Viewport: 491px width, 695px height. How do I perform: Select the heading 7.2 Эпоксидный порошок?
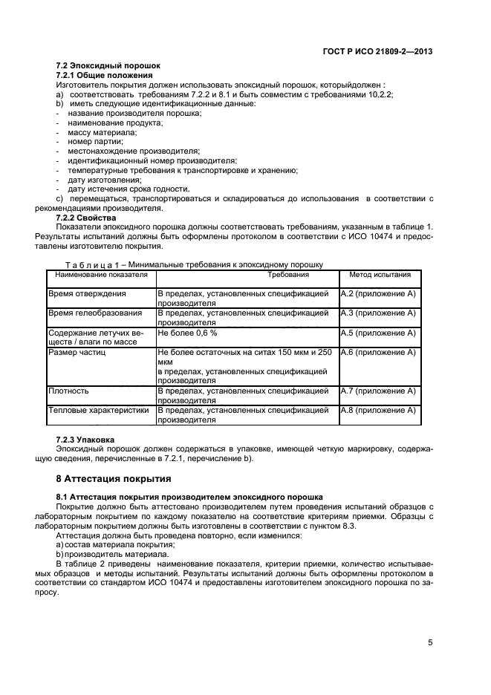click(108, 66)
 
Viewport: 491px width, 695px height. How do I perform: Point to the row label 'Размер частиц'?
click(77, 353)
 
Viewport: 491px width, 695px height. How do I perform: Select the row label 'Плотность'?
click(69, 391)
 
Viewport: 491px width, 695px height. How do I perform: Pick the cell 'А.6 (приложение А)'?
click(378, 353)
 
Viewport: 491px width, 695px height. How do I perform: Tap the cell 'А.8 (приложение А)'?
click(378, 410)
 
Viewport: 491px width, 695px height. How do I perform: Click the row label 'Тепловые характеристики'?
click(99, 410)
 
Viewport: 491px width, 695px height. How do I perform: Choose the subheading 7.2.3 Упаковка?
click(85, 440)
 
